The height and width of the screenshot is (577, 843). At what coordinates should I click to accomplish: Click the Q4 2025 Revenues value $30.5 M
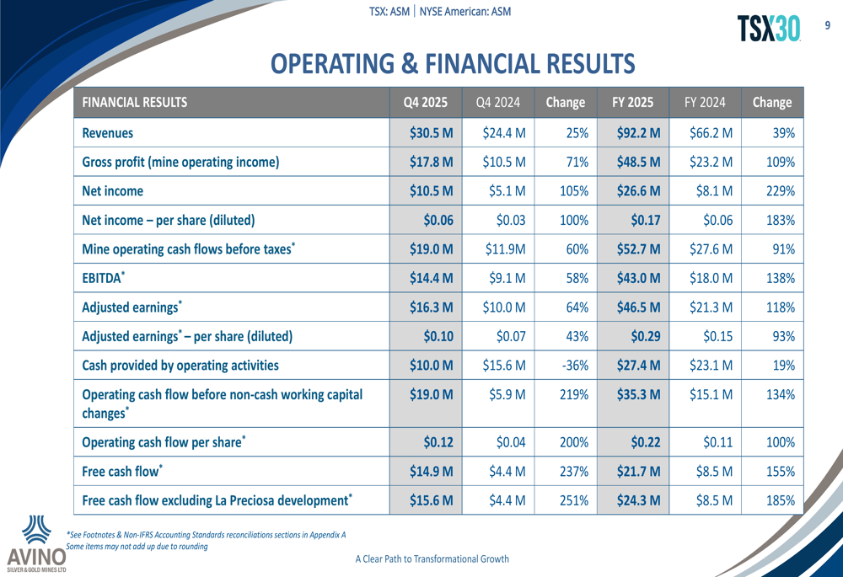[431, 132]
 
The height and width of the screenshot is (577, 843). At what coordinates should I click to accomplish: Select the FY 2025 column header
[632, 103]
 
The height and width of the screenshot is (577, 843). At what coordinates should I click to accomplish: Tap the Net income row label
[112, 191]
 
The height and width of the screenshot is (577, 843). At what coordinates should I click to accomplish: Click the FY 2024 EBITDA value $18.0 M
[714, 278]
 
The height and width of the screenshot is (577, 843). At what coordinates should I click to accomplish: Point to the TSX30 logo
[769, 29]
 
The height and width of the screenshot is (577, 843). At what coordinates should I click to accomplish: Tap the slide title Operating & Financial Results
[453, 63]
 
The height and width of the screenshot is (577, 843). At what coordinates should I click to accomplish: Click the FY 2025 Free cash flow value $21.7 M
[638, 472]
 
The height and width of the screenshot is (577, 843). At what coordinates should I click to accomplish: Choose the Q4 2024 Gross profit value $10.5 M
[504, 162]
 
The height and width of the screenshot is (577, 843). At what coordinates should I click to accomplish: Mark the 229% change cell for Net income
[778, 191]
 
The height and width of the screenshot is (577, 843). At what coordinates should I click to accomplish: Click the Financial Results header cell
[135, 103]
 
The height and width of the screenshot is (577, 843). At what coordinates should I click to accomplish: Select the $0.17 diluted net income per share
[645, 221]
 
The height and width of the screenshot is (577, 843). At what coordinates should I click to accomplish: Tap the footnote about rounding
[137, 546]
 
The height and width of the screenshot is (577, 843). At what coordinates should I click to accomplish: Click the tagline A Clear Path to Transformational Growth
[432, 558]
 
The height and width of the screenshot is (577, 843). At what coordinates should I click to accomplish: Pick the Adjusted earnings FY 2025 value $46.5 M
[638, 307]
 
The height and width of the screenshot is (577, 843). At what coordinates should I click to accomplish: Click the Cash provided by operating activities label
[180, 366]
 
